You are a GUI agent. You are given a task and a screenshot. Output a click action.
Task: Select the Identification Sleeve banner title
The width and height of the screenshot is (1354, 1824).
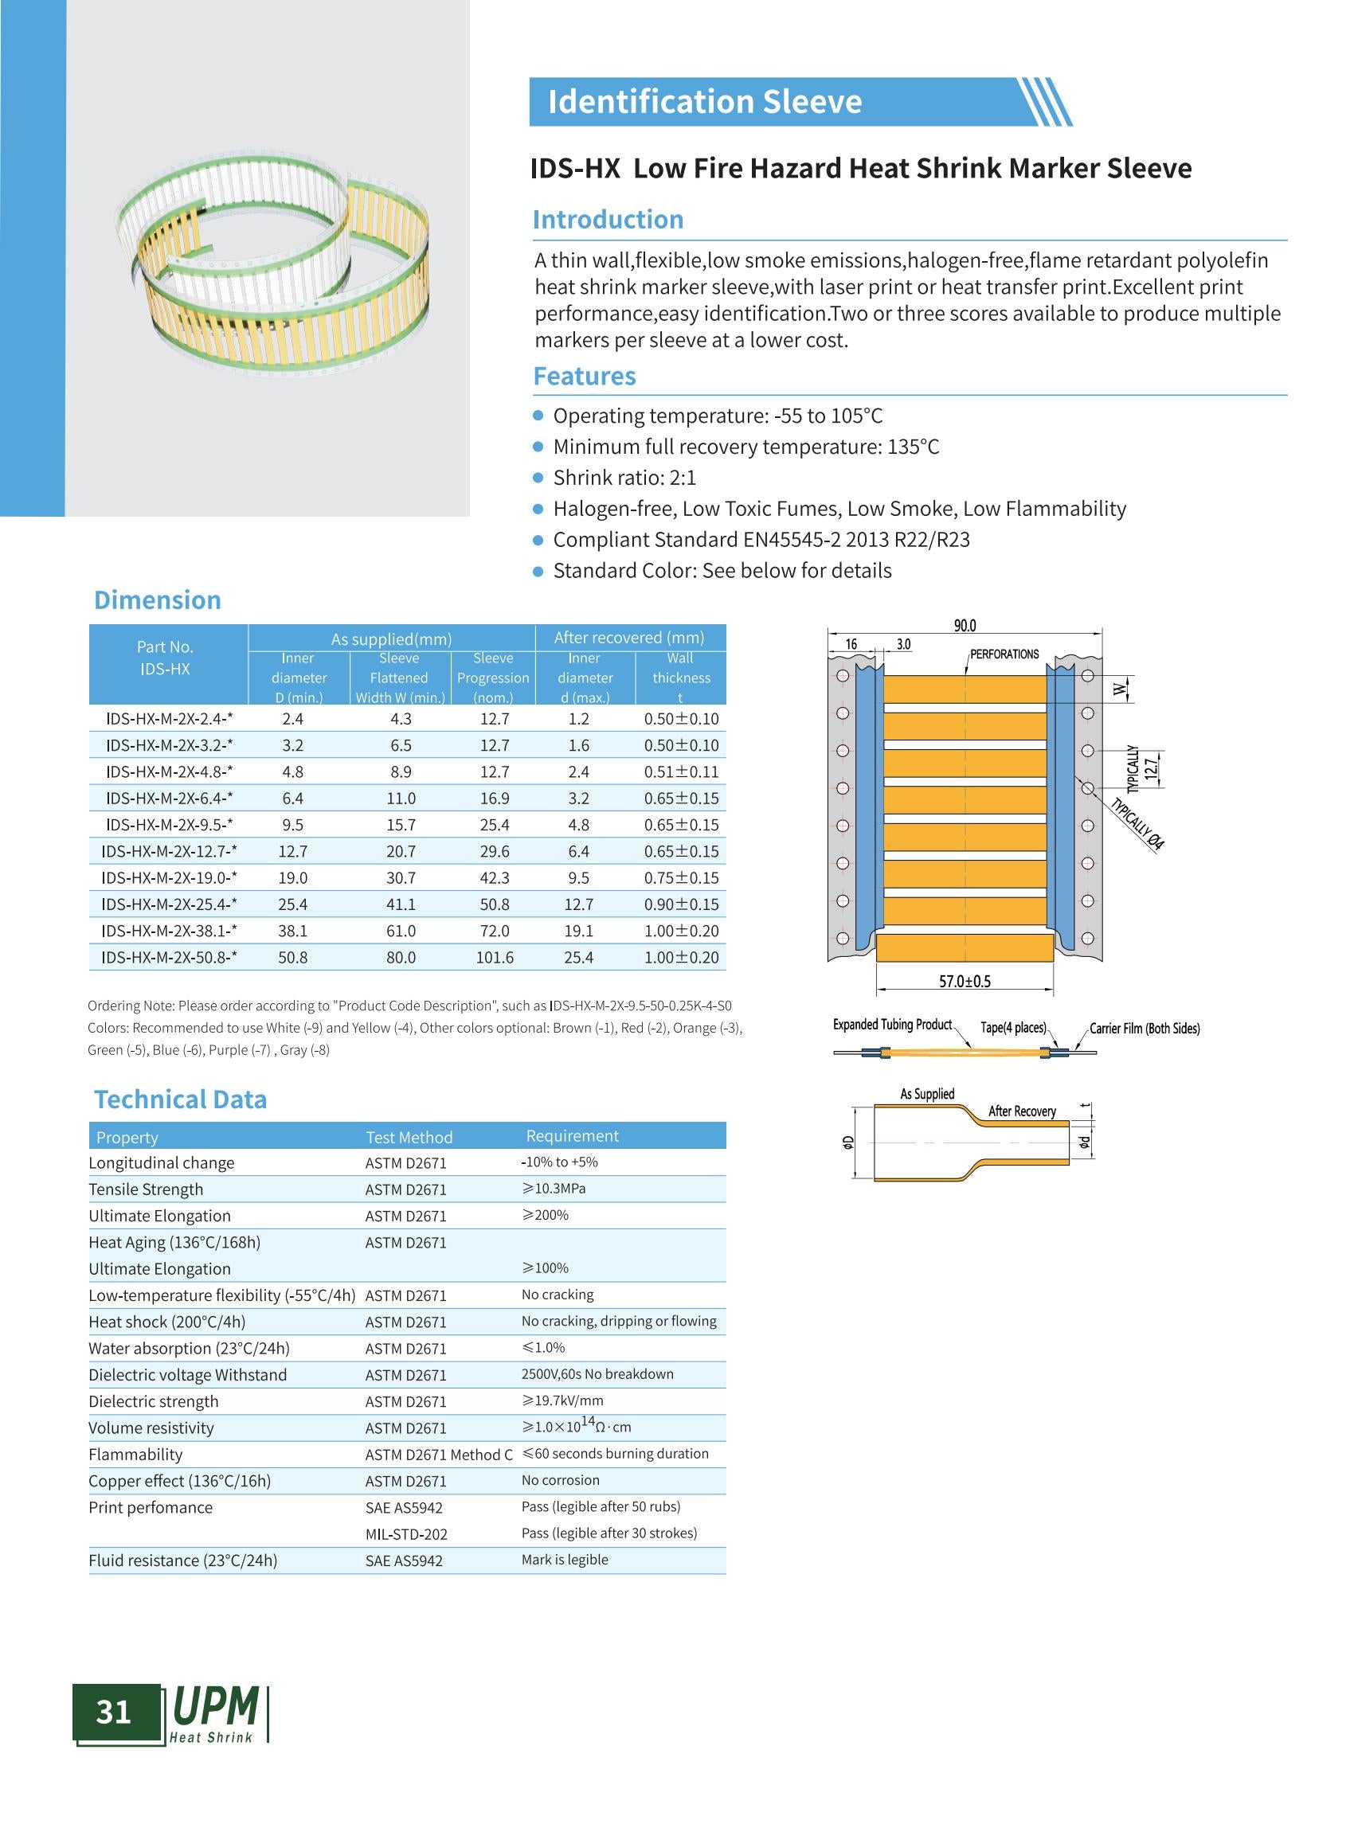pos(704,102)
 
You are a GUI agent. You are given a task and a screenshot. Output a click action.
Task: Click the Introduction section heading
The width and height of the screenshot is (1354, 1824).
pos(608,220)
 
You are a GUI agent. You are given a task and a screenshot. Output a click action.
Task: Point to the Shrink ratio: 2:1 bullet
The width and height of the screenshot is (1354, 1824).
pos(624,478)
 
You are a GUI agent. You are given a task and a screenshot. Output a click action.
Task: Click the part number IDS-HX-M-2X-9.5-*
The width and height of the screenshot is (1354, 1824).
pos(169,824)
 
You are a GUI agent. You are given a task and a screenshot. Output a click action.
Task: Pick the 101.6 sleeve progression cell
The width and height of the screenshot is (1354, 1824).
pos(495,957)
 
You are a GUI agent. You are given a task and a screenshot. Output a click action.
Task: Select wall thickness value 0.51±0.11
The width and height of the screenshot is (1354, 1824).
pos(680,772)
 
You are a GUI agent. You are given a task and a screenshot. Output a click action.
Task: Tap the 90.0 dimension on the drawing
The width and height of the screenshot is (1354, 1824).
pos(965,626)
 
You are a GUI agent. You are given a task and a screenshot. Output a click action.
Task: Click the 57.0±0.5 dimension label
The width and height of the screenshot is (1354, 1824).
pos(965,981)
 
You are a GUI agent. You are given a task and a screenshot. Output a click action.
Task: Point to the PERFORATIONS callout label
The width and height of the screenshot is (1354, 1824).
pos(1004,654)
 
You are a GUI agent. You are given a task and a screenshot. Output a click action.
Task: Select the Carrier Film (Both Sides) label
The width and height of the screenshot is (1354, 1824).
pos(1145,1029)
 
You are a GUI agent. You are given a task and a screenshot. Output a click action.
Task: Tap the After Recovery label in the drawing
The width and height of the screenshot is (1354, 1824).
pos(1022,1111)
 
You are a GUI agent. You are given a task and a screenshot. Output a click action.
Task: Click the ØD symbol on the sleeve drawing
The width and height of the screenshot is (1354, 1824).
pos(848,1142)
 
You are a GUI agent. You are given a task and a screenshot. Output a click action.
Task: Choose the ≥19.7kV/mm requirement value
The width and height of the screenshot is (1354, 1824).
pos(562,1400)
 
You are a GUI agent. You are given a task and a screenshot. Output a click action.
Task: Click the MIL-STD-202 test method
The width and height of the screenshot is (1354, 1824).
pos(405,1534)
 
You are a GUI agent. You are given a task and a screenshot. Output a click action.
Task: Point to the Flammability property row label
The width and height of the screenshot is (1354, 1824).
pos(135,1455)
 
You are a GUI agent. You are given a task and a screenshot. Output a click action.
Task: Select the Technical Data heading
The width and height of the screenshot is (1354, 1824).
pos(180,1099)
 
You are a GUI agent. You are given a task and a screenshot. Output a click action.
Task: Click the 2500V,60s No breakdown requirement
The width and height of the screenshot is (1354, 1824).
pos(597,1374)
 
